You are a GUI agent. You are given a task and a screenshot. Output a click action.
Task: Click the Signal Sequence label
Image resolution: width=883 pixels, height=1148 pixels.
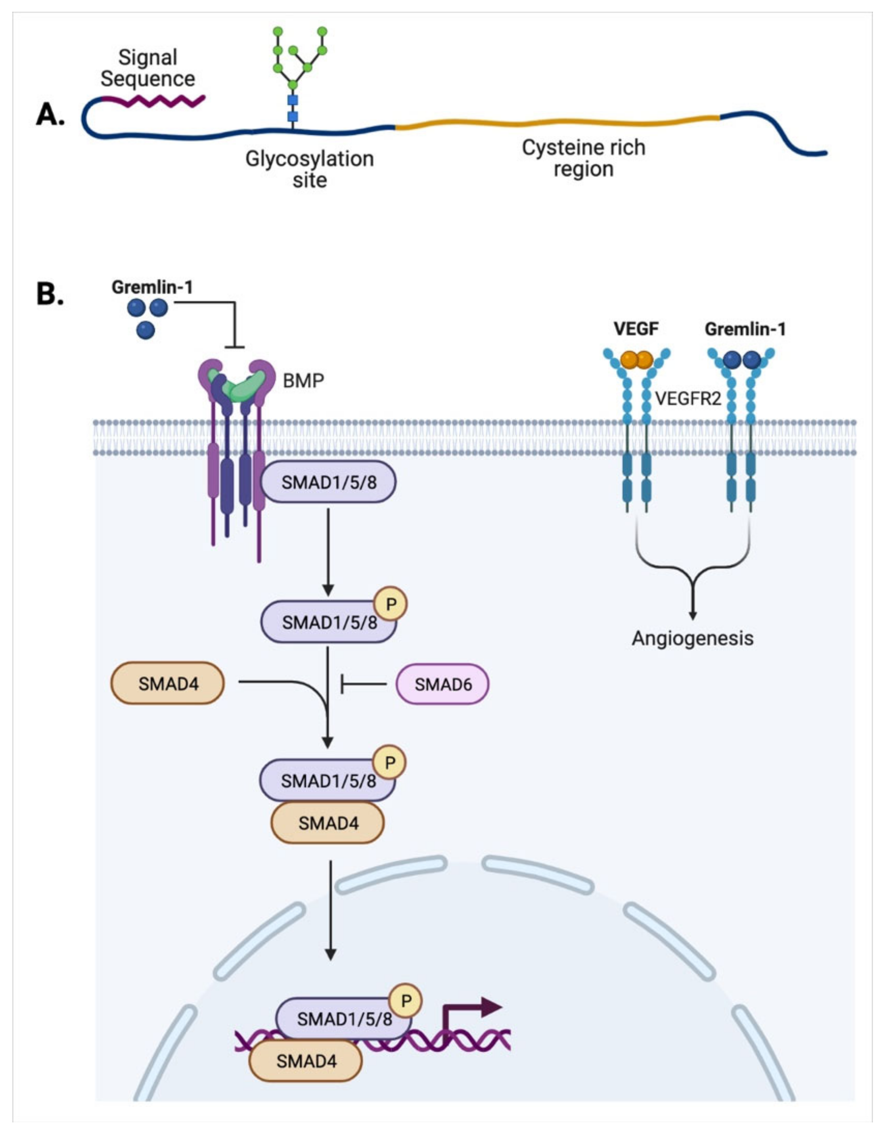tap(148, 68)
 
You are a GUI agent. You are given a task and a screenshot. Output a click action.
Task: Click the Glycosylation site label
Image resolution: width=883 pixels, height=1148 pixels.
tap(310, 169)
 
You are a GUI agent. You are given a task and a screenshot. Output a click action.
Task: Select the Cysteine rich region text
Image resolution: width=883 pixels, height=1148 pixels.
tap(584, 158)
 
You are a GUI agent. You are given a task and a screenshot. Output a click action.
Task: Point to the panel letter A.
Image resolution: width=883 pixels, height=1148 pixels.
tap(50, 114)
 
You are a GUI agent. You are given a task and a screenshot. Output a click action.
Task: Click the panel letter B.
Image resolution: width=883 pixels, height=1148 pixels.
tap(50, 294)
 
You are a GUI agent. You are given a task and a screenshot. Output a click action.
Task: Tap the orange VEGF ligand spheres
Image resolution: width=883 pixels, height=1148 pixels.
tap(636, 360)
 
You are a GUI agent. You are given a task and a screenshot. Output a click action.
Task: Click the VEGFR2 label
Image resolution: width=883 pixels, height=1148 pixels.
tap(688, 398)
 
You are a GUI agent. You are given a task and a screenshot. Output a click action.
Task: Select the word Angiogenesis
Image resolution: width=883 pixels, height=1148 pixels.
tap(692, 638)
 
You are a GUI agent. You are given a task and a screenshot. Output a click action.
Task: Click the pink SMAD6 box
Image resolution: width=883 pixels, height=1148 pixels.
tap(442, 684)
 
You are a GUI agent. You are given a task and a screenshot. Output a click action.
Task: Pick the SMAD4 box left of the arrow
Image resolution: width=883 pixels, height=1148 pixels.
tap(167, 683)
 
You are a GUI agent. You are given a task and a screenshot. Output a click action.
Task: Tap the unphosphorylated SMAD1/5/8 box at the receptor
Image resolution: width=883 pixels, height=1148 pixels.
tap(329, 482)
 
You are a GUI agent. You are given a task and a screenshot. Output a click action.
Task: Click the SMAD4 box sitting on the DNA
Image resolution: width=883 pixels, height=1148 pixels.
tap(306, 1061)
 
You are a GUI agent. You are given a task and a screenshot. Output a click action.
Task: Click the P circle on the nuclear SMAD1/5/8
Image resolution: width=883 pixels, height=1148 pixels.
tap(406, 1001)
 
